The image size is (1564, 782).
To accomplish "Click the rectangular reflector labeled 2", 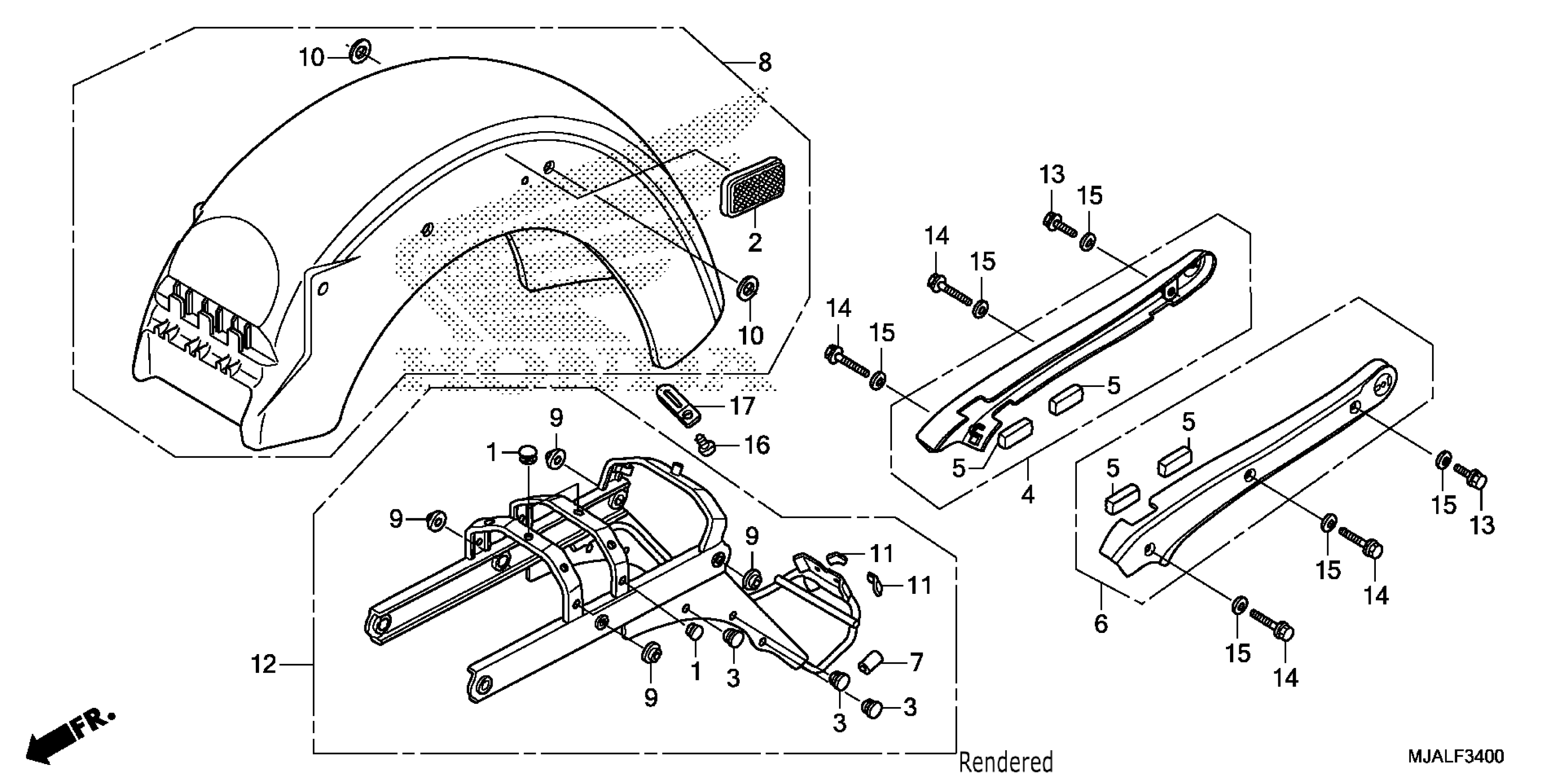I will click(x=752, y=187).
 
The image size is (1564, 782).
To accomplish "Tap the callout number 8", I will click(x=765, y=63).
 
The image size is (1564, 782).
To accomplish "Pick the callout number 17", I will click(x=742, y=406).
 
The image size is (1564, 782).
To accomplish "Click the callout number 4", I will click(x=1027, y=495).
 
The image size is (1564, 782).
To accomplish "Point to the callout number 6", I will click(x=1101, y=624).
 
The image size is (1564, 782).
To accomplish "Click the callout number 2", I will click(x=755, y=243).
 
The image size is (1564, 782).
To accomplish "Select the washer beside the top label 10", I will click(x=361, y=52).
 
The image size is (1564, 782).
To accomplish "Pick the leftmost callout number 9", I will click(x=396, y=519).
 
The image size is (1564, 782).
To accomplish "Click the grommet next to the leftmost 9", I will click(x=436, y=520).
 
